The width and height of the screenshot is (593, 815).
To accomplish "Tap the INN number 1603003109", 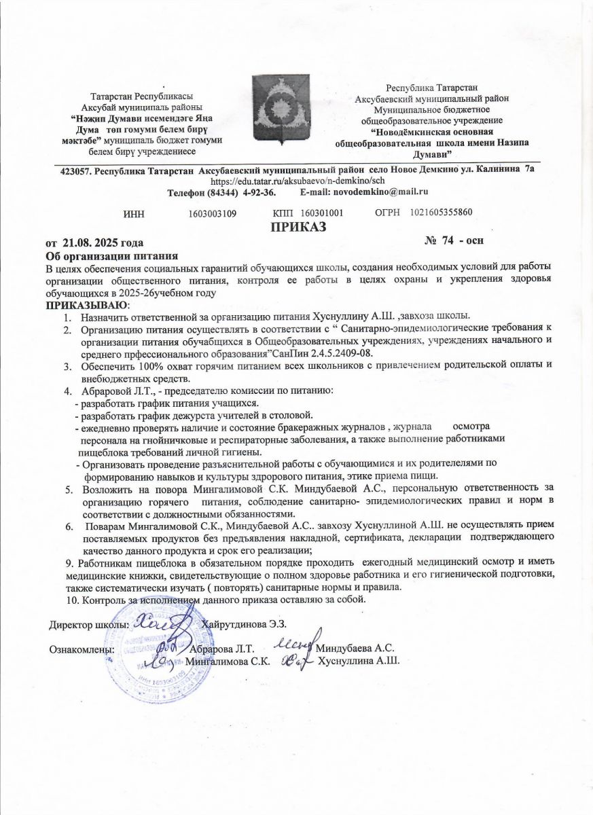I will [212, 213].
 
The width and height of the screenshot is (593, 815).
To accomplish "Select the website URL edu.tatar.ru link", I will [293, 182].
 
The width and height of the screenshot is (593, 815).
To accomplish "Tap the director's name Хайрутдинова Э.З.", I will [245, 623].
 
